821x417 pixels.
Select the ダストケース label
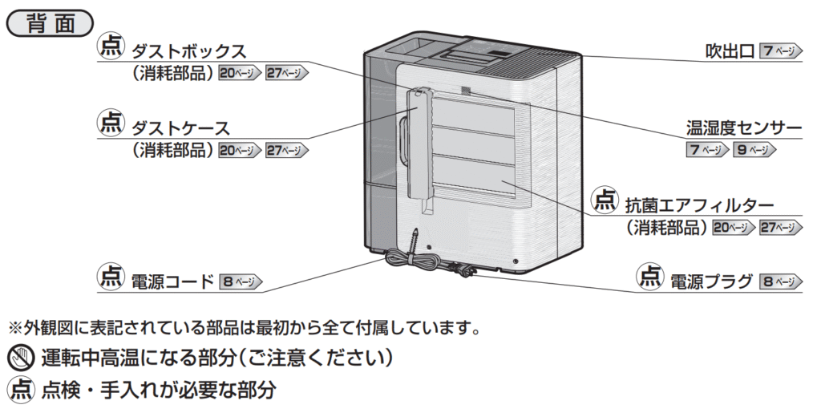pos(180,128)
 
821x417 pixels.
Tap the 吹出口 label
pos(730,51)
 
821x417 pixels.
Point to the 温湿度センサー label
pos(744,128)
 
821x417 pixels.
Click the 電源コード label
pos(172,281)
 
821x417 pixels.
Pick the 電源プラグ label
pos(711,281)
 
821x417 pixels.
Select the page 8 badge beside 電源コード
pos(241,282)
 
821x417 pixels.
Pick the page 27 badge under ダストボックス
pos(286,73)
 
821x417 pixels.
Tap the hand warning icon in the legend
pos(19,357)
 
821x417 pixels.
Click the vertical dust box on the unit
pos(418,144)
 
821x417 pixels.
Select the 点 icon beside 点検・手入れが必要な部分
pos(19,390)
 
